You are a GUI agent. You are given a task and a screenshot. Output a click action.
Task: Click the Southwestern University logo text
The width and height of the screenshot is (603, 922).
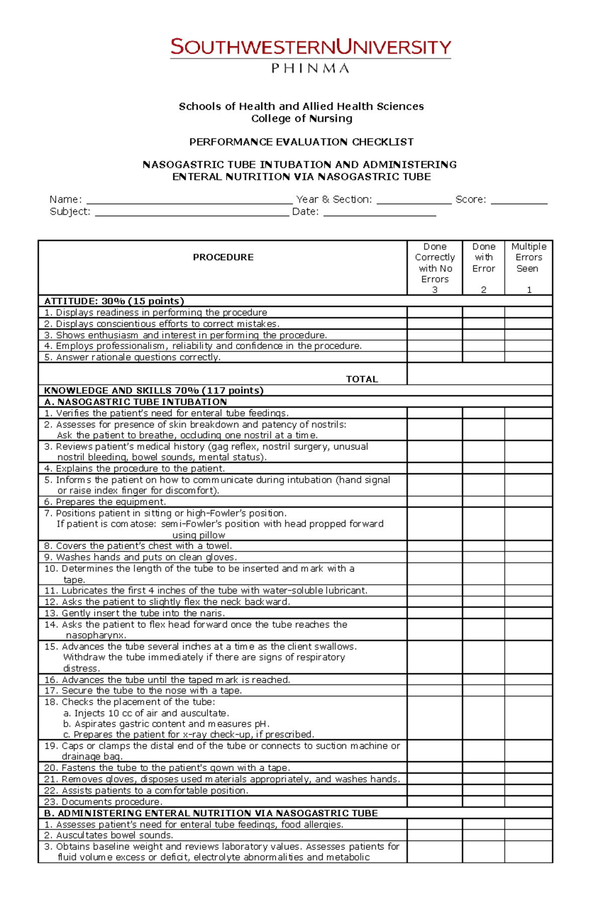(x=311, y=47)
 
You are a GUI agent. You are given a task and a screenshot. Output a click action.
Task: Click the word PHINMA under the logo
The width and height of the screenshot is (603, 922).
(x=310, y=68)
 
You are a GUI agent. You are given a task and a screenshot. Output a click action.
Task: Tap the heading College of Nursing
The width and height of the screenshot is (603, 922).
(x=301, y=119)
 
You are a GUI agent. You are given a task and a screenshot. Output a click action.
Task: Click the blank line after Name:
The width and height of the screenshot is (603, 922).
(x=189, y=200)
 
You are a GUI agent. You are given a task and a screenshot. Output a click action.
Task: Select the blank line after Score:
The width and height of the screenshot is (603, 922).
(x=519, y=200)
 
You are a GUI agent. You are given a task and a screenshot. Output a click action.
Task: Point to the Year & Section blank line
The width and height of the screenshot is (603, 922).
(x=414, y=200)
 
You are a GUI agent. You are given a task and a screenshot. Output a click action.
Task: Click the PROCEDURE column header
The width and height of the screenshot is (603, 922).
(x=223, y=257)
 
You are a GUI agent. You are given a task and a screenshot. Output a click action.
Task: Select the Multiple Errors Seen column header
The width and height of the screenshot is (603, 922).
(x=529, y=257)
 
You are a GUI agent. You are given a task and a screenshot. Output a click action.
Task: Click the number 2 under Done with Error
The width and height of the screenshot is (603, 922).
(x=483, y=290)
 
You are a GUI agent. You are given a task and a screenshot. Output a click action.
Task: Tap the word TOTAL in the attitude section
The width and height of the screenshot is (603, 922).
(x=361, y=379)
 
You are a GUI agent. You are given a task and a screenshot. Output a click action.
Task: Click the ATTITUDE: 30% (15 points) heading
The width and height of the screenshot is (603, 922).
(x=114, y=301)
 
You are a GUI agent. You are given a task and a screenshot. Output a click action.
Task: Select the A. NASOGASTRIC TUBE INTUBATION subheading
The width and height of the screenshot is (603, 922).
(x=135, y=402)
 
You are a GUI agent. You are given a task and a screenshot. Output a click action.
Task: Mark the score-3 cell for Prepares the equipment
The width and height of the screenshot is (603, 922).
(x=434, y=502)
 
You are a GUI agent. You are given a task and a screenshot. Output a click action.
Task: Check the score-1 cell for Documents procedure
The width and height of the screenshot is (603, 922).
(x=528, y=802)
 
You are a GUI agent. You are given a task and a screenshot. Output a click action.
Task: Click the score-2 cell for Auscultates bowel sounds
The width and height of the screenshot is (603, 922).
(x=483, y=835)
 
